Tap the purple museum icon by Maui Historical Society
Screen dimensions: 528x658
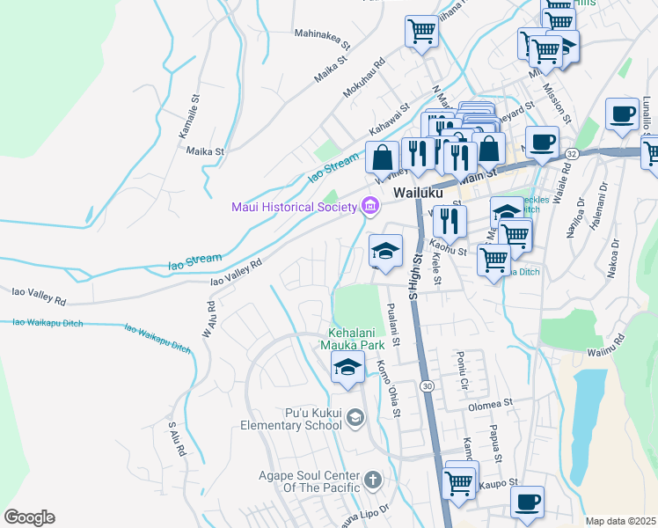click(x=370, y=207)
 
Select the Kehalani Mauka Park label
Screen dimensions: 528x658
click(x=369, y=341)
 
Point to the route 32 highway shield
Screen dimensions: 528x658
click(x=571, y=152)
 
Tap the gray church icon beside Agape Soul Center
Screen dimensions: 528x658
click(x=372, y=480)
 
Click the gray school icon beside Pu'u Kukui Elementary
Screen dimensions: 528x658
click(x=355, y=418)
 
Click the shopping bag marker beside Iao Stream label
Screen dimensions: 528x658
click(x=383, y=158)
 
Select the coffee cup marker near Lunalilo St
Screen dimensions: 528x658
click(x=622, y=114)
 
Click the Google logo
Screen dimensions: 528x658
click(x=29, y=517)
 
